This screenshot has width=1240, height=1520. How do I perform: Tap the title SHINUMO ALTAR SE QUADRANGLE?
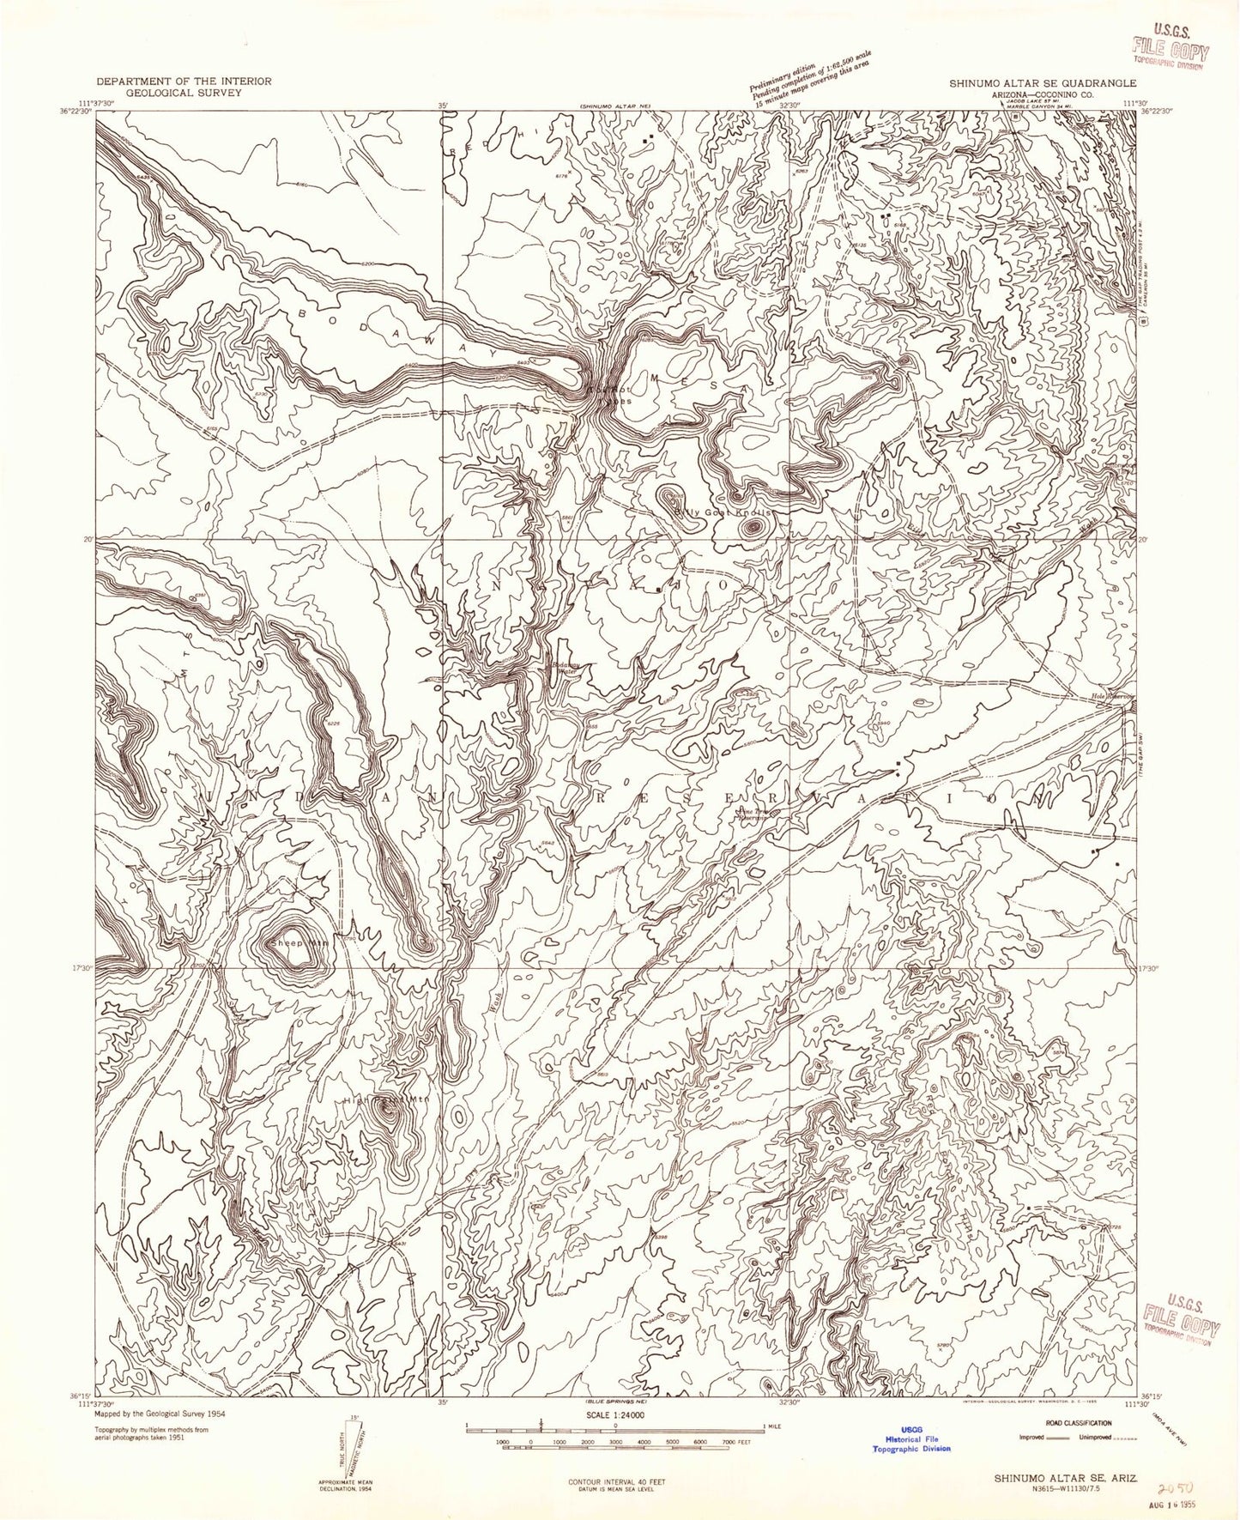pos(1043,84)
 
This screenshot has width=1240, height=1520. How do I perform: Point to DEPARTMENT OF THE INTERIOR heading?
pos(184,81)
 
